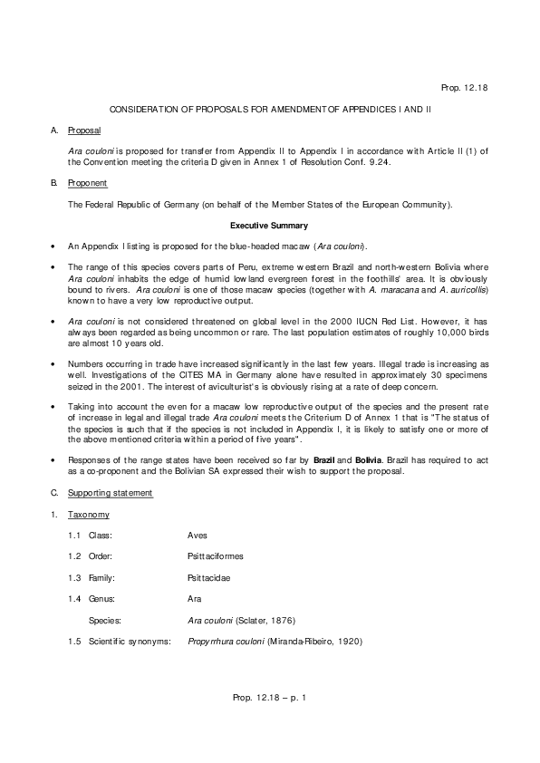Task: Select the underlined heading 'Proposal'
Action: tap(85, 130)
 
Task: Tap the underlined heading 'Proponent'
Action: tap(88, 183)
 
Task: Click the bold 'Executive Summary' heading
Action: tap(269, 225)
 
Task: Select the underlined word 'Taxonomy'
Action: tap(89, 515)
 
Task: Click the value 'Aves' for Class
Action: tap(198, 536)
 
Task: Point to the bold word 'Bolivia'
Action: tap(371, 461)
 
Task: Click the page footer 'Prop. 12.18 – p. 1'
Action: tap(270, 698)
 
